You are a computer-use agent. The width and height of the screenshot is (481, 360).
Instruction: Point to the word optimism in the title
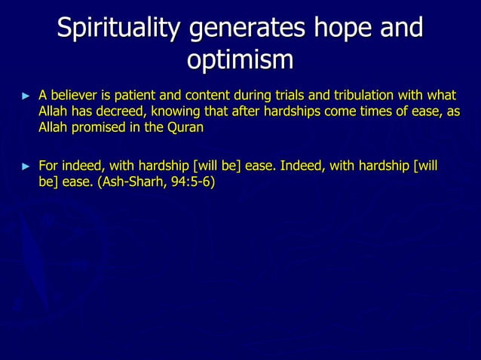coord(240,60)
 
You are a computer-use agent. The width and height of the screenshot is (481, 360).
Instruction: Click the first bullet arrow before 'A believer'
coord(27,96)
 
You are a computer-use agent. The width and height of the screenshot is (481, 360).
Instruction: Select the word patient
coord(130,96)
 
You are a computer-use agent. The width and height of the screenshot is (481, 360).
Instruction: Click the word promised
coord(106,127)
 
